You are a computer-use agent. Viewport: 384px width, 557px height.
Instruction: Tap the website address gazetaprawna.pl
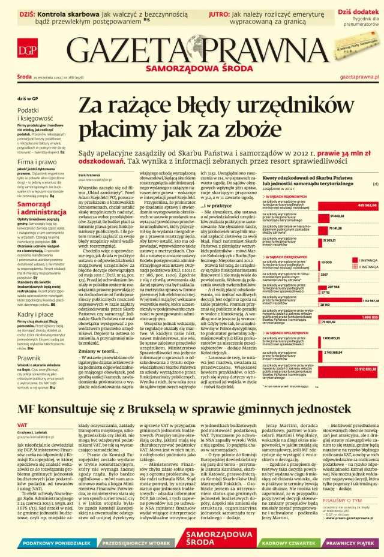pyautogui.click(x=359, y=77)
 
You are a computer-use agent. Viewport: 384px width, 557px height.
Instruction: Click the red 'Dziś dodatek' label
pyautogui.click(x=358, y=11)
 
